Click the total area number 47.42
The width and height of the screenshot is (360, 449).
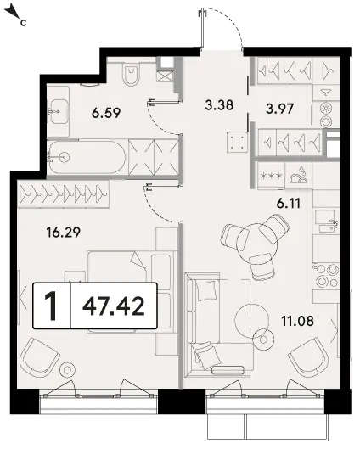[114, 306]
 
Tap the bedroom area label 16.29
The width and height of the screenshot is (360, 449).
[64, 233]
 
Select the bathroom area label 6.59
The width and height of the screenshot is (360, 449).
[106, 113]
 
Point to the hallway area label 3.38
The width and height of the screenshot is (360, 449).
[219, 105]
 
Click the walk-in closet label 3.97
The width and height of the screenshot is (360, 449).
[280, 109]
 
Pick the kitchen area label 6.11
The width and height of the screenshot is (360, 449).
[289, 204]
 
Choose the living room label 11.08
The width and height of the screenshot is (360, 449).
[297, 321]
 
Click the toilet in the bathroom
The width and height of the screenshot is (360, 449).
[132, 73]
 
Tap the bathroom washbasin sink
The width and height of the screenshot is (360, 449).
[59, 111]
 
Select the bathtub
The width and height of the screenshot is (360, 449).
[87, 157]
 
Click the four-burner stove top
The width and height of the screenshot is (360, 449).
[326, 276]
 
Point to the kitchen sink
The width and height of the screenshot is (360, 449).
[326, 222]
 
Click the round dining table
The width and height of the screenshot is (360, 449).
[256, 240]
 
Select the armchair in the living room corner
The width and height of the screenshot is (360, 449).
[308, 356]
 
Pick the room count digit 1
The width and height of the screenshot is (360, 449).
[52, 306]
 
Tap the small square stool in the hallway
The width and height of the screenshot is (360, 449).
[237, 142]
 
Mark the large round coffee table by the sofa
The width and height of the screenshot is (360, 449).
[251, 320]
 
